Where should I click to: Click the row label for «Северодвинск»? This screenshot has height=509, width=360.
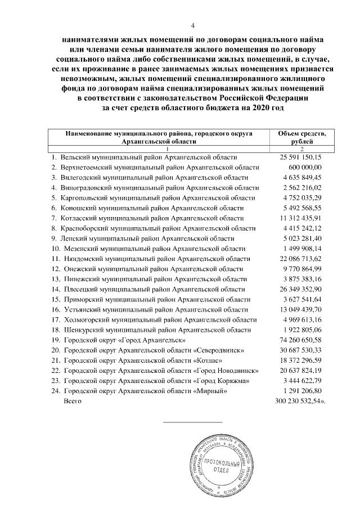(x=151, y=350)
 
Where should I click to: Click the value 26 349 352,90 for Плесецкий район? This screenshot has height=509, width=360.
(x=301, y=289)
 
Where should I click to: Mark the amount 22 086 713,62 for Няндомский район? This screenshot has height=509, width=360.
(x=301, y=259)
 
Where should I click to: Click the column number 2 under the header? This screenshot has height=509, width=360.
(x=303, y=148)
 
